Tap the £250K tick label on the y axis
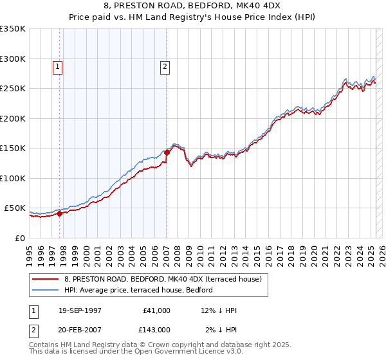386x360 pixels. point(13,89)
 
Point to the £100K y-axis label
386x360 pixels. point(13,178)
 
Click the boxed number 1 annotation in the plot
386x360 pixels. point(57,66)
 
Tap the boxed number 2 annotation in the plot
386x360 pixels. point(165,66)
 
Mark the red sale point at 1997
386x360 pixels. point(60,214)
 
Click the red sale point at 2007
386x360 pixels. point(167,153)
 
